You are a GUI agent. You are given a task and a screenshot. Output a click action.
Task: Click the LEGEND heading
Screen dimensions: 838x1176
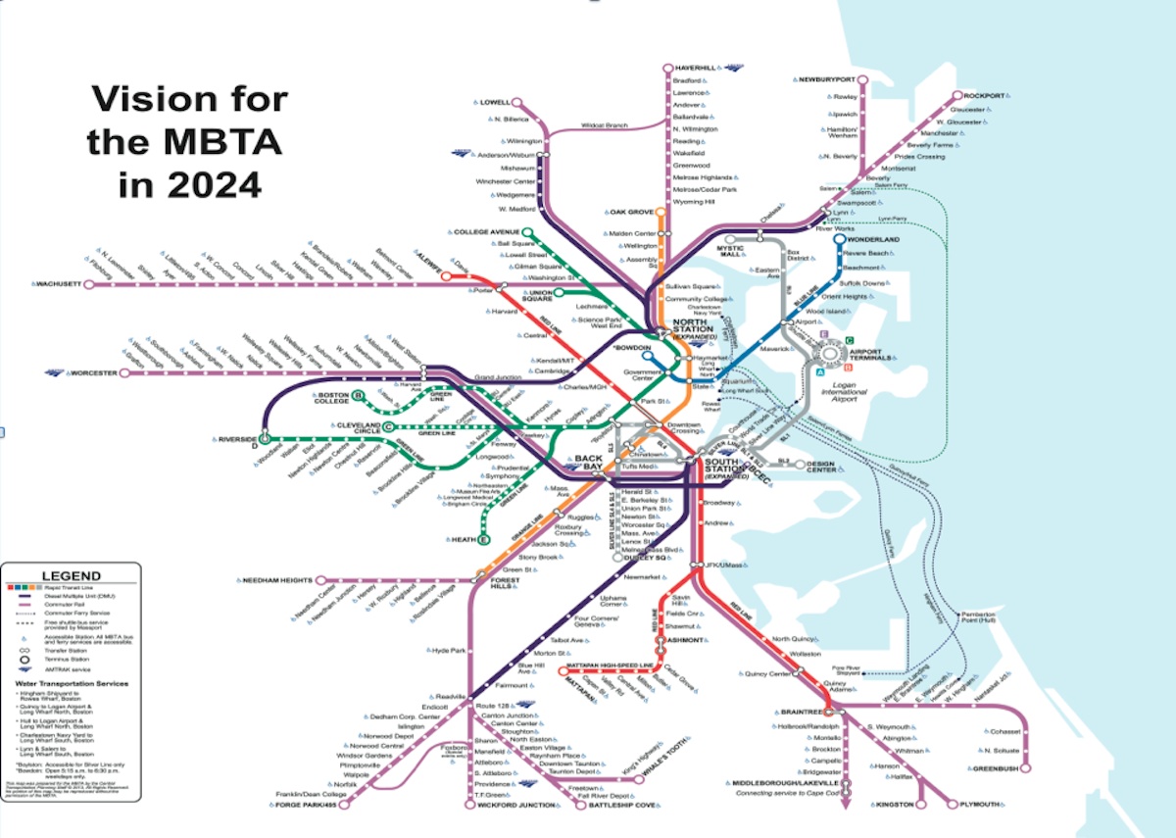pyautogui.click(x=71, y=575)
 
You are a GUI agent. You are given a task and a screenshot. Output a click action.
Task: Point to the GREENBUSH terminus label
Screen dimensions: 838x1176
pyautogui.click(x=998, y=767)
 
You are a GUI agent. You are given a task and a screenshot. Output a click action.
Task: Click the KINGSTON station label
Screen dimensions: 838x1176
pyautogui.click(x=893, y=804)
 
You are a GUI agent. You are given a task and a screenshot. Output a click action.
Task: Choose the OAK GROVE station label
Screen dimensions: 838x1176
pyautogui.click(x=631, y=212)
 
